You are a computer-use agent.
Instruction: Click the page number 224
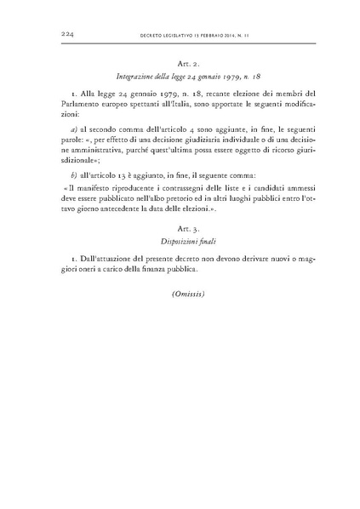pos(70,34)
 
